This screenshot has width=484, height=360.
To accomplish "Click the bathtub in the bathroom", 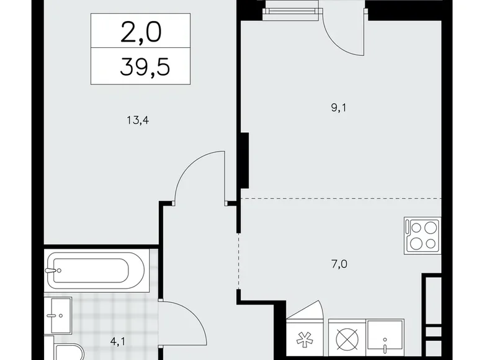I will tap(96, 269).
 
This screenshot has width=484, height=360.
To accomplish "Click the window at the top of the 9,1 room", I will tap(292, 11).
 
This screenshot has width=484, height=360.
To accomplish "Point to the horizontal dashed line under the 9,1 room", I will tap(341, 198).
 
